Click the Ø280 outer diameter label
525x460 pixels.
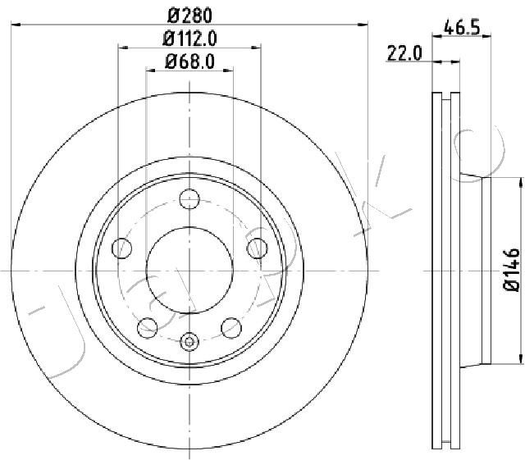click(189, 16)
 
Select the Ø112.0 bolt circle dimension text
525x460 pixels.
click(189, 39)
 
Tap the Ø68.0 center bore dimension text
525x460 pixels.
click(189, 61)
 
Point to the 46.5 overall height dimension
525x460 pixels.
click(462, 27)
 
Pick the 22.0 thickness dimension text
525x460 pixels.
click(404, 53)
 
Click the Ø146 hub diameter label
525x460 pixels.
click(512, 270)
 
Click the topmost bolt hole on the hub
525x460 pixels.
click(189, 199)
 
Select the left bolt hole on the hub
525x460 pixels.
click(122, 248)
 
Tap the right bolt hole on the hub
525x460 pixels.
click(257, 248)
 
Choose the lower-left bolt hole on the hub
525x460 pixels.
click(148, 328)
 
